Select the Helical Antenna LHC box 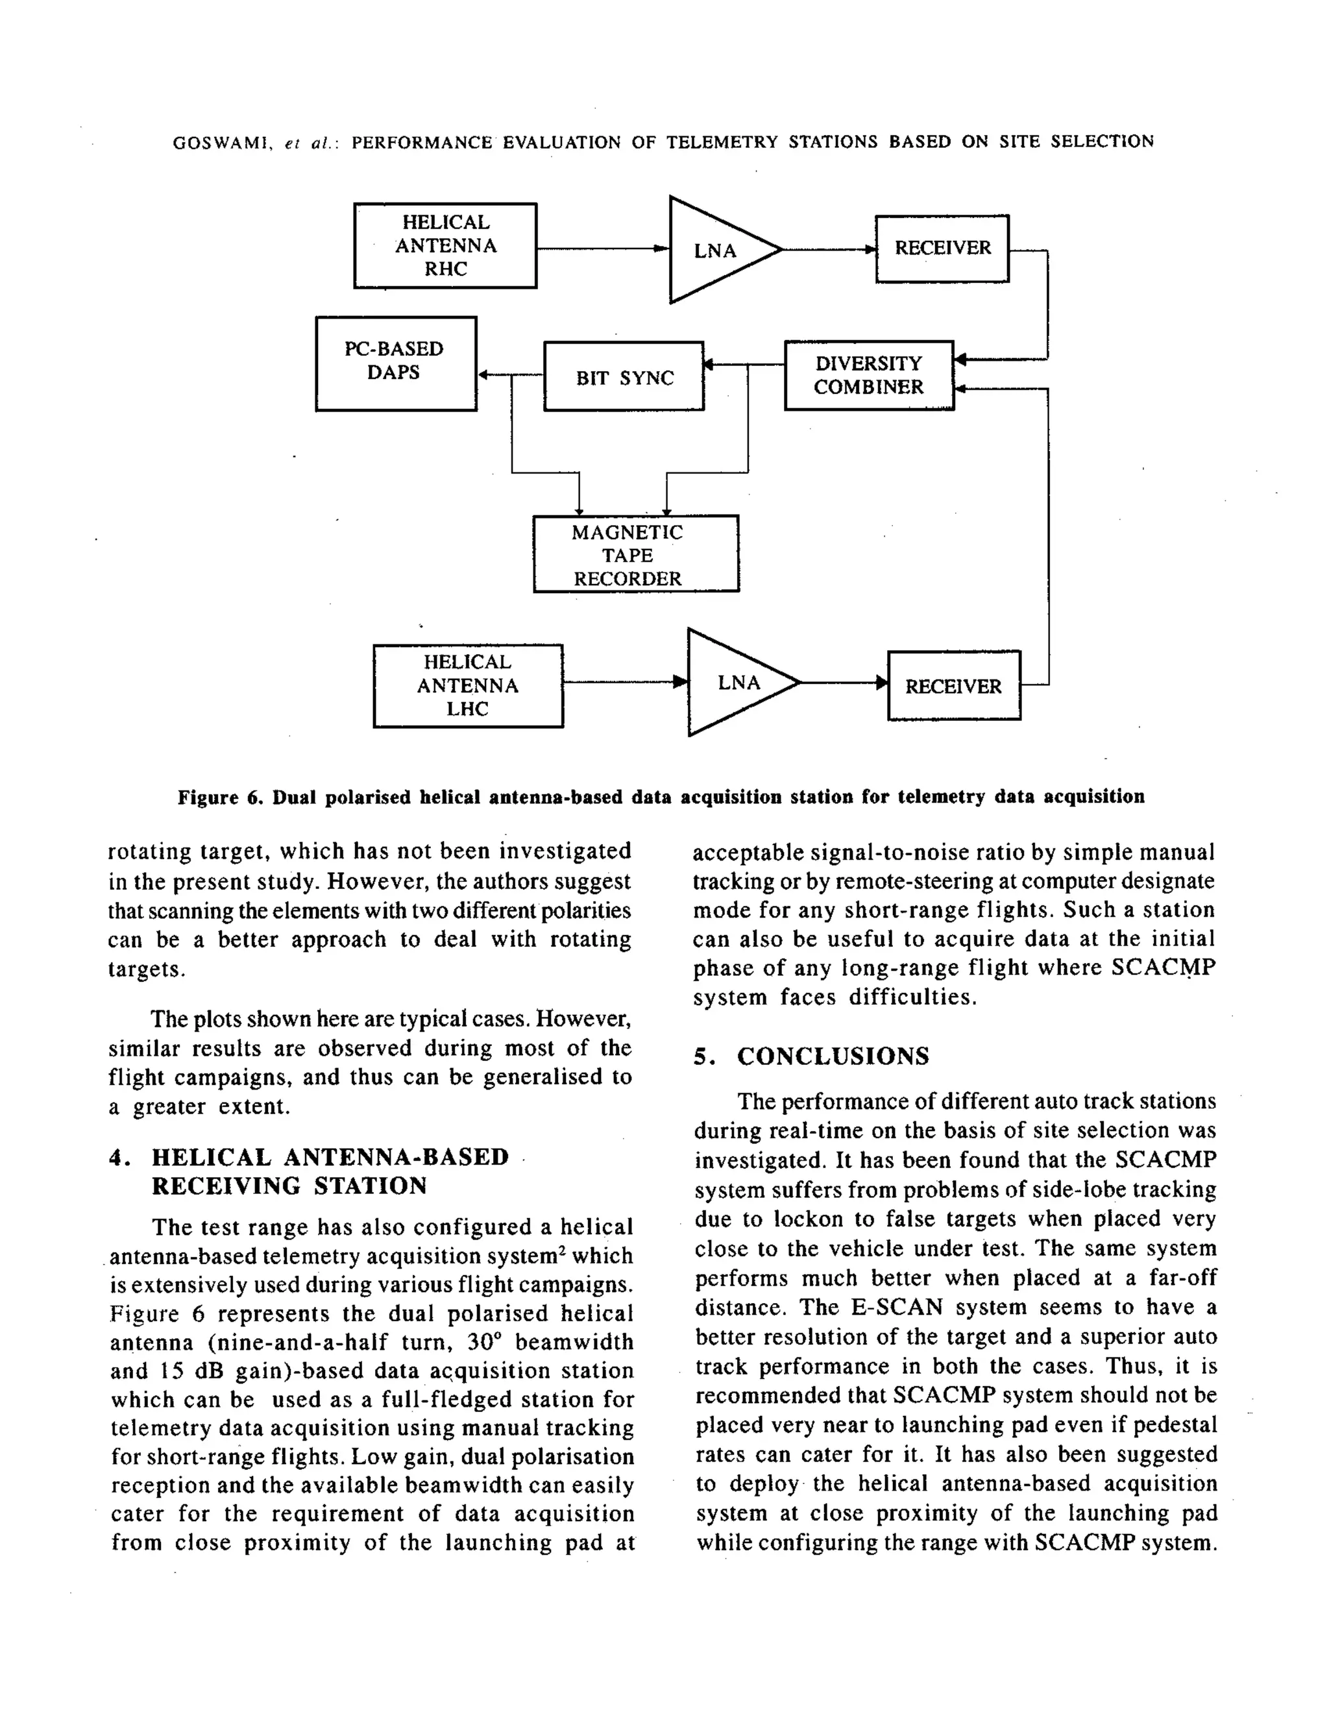[x=468, y=685]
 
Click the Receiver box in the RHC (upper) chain [x=942, y=248]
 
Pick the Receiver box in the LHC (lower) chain [x=953, y=685]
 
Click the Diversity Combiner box [x=868, y=376]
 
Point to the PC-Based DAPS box [x=395, y=363]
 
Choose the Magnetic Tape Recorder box [x=635, y=554]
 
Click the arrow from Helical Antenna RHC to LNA [x=602, y=249]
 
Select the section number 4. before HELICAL [x=118, y=1158]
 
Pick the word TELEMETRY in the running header [x=721, y=143]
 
